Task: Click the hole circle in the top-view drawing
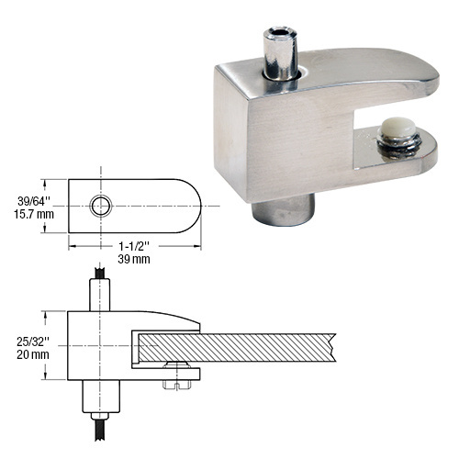tap(100, 205)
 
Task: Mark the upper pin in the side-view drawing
tap(99, 294)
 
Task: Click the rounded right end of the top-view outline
tap(190, 205)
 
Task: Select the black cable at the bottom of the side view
tap(99, 429)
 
